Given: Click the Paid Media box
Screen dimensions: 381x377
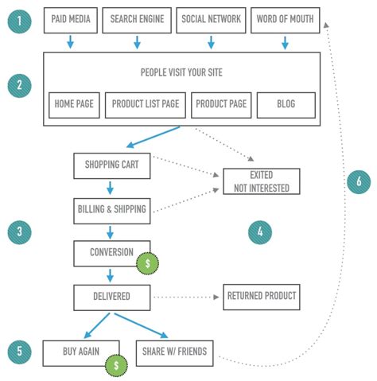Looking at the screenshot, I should coord(70,19).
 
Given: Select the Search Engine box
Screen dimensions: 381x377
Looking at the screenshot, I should coord(137,19).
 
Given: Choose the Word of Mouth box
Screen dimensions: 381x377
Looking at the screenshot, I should coord(285,19).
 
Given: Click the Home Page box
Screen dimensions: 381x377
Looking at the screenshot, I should coord(73,104).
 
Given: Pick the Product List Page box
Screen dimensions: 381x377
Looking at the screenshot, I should coord(146,104).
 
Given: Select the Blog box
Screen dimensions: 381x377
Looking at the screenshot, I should coord(286,104).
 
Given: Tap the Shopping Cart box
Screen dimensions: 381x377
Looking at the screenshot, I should coord(111,165).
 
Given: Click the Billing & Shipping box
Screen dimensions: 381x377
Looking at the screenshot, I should coord(111,209).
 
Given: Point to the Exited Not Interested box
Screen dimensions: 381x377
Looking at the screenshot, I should coord(262,182).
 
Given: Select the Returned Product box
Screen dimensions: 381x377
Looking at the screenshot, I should coord(262,297).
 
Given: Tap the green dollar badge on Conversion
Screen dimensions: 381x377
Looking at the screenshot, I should coord(146,263).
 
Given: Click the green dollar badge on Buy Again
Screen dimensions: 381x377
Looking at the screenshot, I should coord(116,365).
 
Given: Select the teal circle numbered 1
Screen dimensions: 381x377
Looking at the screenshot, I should coord(20,19).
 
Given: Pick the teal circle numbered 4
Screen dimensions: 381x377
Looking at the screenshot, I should coord(260,232).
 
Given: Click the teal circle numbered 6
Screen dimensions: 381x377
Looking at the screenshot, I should coord(359,182).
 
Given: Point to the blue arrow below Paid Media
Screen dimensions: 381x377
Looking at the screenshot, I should coord(70,42).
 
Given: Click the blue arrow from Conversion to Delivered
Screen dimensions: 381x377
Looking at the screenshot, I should coord(111,275).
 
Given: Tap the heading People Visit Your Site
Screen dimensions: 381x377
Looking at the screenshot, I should coord(181,72).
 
